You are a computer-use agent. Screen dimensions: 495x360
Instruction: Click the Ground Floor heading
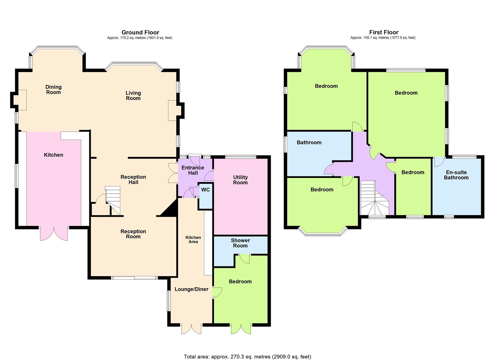click(x=140, y=32)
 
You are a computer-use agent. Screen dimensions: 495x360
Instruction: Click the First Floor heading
click(x=384, y=32)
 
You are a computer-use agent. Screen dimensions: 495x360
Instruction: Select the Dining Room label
click(x=53, y=90)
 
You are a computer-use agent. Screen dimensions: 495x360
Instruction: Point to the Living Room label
click(x=133, y=95)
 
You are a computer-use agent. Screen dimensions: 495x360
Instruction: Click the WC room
click(x=206, y=196)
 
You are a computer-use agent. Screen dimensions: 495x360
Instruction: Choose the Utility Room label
click(x=240, y=180)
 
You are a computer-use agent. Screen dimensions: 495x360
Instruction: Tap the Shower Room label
click(x=240, y=243)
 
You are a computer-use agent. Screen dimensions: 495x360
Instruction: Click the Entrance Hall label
click(x=193, y=170)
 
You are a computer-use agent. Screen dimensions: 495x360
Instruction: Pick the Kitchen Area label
click(x=193, y=239)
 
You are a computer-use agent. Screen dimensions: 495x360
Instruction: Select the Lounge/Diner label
click(x=192, y=289)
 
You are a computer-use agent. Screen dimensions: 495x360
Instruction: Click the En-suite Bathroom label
click(x=456, y=175)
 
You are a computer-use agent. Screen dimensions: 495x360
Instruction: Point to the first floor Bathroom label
click(x=309, y=143)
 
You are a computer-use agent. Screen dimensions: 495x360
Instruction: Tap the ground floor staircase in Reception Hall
click(x=113, y=200)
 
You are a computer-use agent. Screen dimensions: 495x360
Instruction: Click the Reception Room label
click(x=133, y=234)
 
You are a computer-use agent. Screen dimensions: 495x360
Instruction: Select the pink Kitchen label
click(x=53, y=155)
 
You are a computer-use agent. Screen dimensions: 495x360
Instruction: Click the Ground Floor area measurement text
click(x=140, y=38)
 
